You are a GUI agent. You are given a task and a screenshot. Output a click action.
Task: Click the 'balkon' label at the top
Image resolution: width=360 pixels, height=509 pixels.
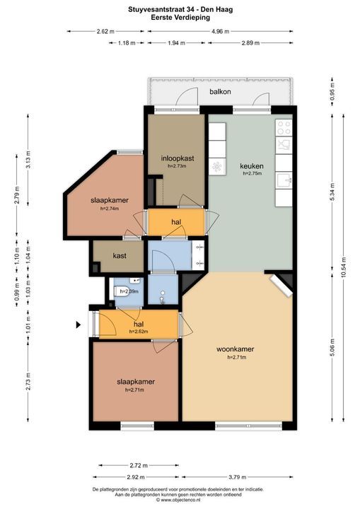click(x=220, y=93)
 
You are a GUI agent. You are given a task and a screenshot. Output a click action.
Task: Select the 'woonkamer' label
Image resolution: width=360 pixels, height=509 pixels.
click(x=236, y=349)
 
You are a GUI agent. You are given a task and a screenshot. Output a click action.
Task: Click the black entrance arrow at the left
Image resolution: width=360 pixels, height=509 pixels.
click(x=79, y=325)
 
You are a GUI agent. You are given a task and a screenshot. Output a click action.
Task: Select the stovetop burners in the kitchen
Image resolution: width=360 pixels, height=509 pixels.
click(x=284, y=128)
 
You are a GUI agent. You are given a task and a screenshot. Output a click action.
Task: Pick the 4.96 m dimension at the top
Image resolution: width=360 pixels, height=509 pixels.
click(x=221, y=31)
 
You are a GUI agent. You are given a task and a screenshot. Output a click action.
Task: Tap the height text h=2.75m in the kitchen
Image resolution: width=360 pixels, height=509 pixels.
click(x=252, y=173)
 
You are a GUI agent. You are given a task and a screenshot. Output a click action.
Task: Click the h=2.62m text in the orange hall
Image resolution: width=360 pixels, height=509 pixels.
click(x=138, y=332)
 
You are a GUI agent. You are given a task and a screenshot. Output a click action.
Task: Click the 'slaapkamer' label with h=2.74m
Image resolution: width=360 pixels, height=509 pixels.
click(x=110, y=200)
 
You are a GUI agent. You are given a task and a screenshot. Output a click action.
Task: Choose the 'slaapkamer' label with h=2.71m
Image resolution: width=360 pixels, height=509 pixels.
click(x=135, y=382)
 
